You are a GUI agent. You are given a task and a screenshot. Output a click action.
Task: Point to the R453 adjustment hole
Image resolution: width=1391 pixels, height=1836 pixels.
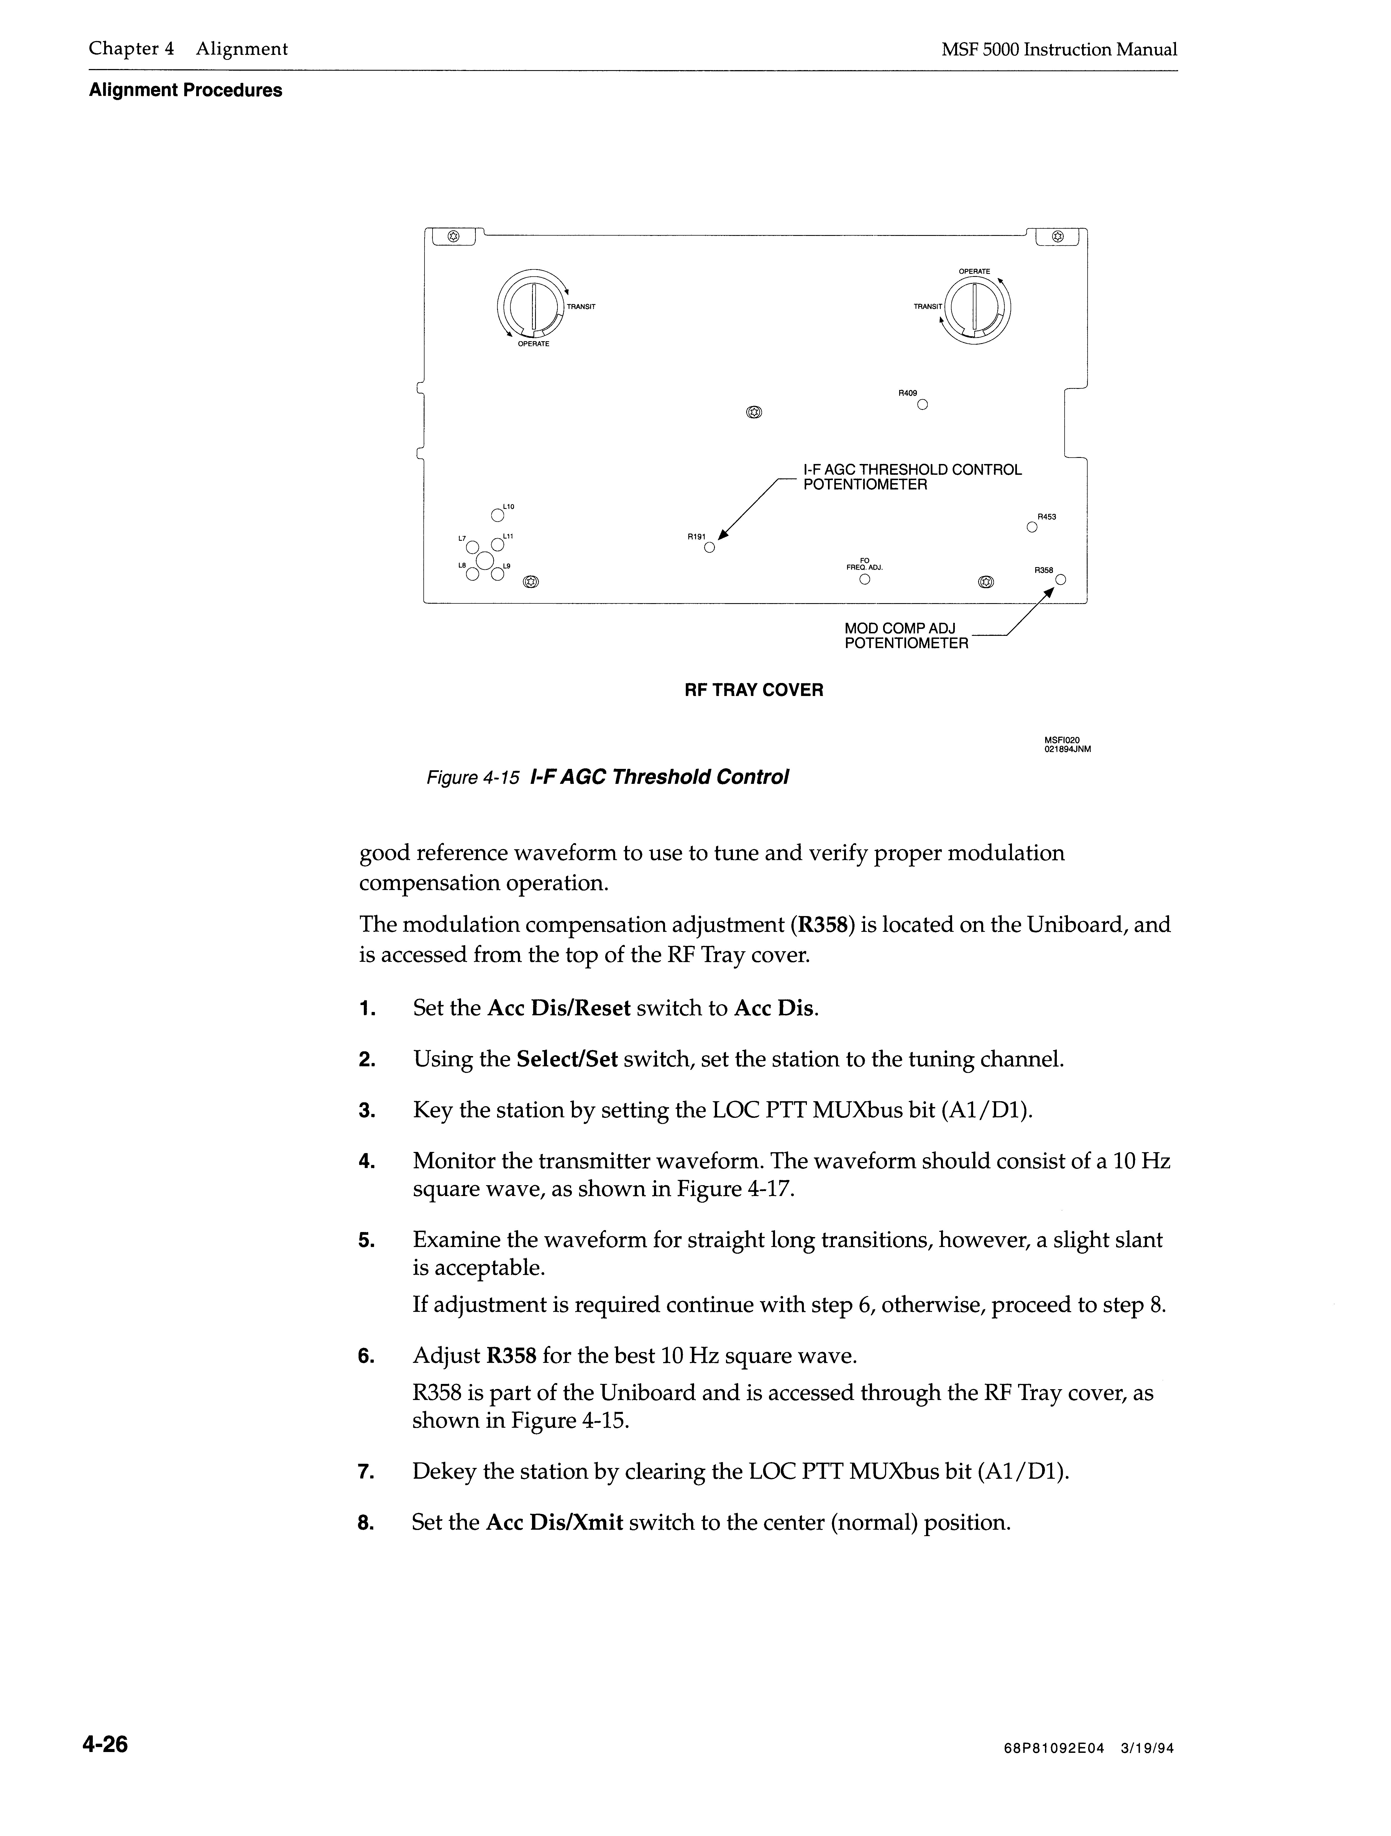(x=1032, y=526)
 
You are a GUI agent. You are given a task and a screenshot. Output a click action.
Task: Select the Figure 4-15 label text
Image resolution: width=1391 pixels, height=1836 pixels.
(x=472, y=778)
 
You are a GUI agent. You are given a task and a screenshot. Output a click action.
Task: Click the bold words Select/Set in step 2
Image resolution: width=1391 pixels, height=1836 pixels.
(x=567, y=1060)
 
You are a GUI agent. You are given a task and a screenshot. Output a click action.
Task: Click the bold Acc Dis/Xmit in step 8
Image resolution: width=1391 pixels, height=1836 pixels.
(x=554, y=1523)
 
